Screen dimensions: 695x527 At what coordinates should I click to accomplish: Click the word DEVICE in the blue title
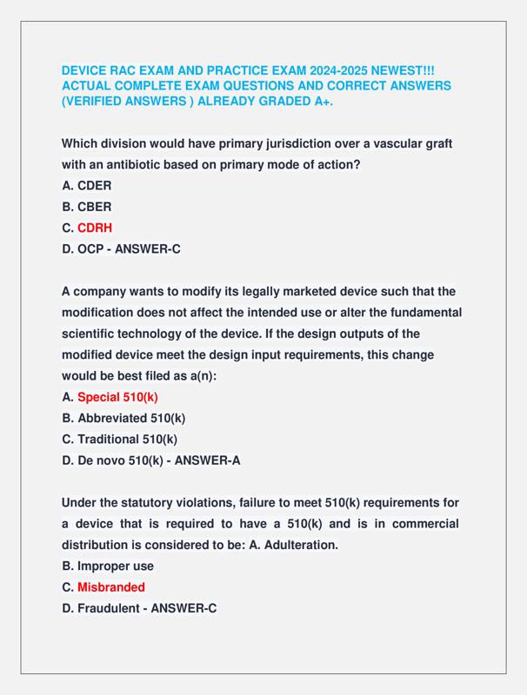coord(85,69)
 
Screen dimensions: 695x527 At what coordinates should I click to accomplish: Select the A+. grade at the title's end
coord(321,102)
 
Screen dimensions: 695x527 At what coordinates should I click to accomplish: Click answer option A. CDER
coord(86,185)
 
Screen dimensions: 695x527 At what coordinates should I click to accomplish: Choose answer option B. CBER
coord(86,207)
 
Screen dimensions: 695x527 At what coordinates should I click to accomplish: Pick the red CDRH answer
coord(95,228)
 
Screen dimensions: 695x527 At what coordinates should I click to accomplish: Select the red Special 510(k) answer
coord(117,397)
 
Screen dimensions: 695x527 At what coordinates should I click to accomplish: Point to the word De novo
coord(102,460)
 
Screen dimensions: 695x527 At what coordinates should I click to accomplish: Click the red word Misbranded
coord(111,587)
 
